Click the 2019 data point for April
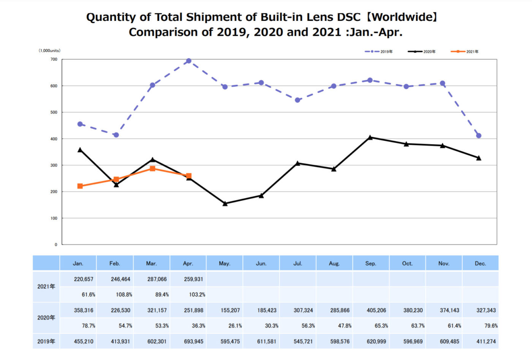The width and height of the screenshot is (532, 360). tap(188, 61)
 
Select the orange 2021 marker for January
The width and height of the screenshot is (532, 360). tap(80, 186)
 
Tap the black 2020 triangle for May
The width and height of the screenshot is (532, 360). tap(225, 203)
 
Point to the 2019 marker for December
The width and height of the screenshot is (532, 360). tap(479, 136)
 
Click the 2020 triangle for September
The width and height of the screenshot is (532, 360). tap(370, 137)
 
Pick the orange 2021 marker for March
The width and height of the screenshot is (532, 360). tap(152, 168)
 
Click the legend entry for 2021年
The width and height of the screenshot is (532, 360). tap(465, 51)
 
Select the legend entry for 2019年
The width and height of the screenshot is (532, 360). tap(379, 51)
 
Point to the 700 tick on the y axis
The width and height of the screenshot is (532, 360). tap(54, 59)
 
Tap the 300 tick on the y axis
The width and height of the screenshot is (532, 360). tap(54, 165)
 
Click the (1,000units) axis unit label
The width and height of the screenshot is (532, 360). tap(49, 51)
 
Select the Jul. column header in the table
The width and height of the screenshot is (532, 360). tap(298, 263)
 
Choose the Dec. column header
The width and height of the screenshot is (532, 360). tap(480, 263)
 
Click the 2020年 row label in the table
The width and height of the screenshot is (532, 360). tap(46, 317)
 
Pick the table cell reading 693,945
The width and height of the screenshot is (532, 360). tap(193, 341)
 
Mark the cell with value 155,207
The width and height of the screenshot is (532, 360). tap(230, 310)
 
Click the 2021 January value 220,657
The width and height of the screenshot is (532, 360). tap(84, 279)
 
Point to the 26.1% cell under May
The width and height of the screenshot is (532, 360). tap(235, 326)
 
